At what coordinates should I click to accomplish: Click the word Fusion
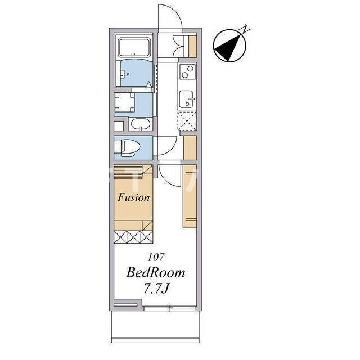[134, 197]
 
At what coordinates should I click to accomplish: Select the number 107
[156, 257]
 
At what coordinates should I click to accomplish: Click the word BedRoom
[156, 272]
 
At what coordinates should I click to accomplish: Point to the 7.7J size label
[156, 289]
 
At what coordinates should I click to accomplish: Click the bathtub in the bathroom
[134, 47]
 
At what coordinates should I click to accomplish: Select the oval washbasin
[141, 124]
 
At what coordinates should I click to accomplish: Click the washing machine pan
[124, 102]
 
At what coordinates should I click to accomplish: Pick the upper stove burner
[190, 68]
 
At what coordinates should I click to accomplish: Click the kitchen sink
[186, 99]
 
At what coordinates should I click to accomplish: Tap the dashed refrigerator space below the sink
[187, 120]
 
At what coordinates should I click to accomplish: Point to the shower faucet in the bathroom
[125, 74]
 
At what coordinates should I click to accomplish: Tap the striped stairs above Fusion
[128, 172]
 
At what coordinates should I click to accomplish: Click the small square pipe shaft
[119, 125]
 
